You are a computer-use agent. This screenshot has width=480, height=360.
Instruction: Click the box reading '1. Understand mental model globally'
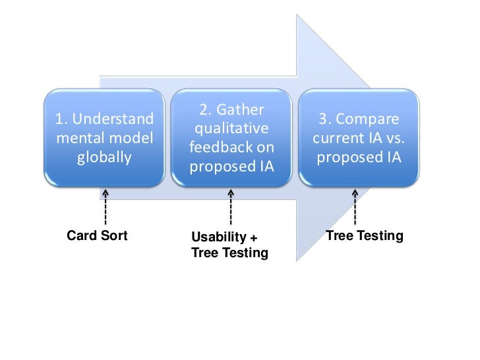(x=104, y=138)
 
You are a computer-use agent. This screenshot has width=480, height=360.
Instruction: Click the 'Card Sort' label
(x=98, y=235)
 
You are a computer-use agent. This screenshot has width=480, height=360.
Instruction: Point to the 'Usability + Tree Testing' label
(x=229, y=245)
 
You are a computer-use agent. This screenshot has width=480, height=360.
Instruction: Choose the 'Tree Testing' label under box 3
(x=365, y=235)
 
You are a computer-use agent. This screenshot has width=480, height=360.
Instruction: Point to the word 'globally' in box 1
(x=104, y=158)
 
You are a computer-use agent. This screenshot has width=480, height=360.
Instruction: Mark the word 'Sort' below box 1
(x=113, y=235)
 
